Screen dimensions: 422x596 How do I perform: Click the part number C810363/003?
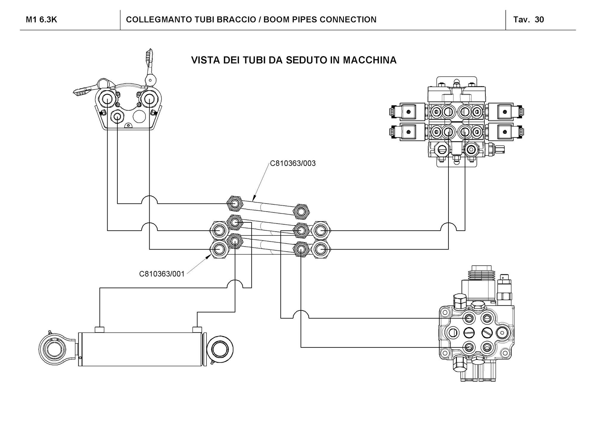tap(292, 164)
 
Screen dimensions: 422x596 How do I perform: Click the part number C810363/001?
tap(162, 274)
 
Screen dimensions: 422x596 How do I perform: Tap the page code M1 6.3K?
tap(41, 20)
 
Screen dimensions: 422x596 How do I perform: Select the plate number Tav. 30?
tap(529, 20)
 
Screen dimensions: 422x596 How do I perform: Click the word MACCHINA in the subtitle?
tap(370, 60)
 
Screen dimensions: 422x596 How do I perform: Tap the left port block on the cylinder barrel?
tap(100, 329)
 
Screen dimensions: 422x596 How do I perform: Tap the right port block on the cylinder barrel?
tap(197, 329)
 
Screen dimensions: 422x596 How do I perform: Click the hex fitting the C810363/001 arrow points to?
tap(219, 249)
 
